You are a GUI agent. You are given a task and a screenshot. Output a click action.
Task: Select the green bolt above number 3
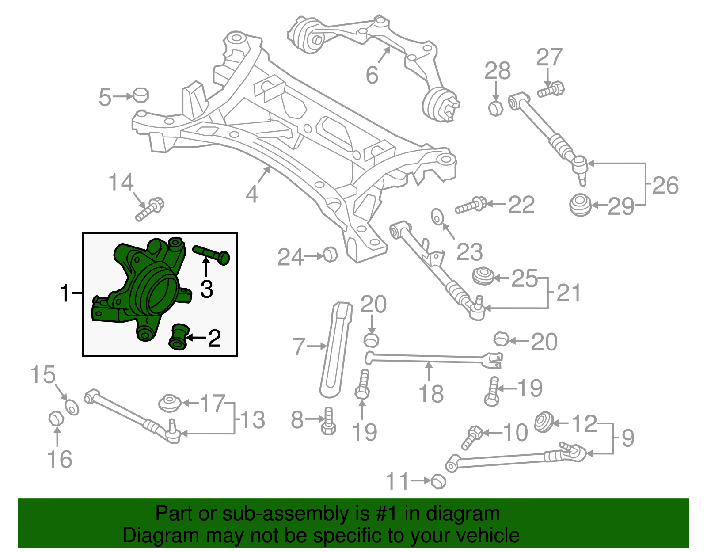[211, 254]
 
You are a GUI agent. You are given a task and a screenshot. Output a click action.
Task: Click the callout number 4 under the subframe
[252, 194]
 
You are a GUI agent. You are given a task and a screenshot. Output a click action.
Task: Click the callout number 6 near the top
[372, 75]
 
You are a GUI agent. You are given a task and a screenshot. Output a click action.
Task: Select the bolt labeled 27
[551, 89]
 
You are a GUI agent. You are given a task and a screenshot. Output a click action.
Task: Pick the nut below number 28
[495, 107]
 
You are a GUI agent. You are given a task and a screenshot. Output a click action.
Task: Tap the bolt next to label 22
[471, 206]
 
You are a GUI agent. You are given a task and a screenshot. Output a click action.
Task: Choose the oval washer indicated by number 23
[437, 217]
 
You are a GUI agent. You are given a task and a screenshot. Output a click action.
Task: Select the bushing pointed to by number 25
[483, 276]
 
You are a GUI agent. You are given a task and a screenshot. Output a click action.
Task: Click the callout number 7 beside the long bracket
[299, 347]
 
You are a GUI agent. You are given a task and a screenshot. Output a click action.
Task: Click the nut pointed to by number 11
[438, 481]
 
